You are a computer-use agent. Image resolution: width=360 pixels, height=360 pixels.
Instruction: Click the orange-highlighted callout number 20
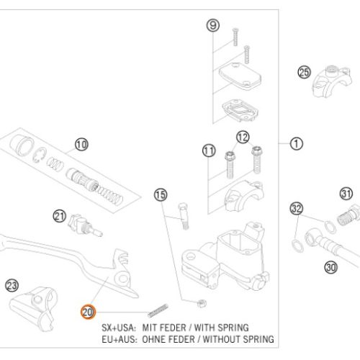pos(88,312)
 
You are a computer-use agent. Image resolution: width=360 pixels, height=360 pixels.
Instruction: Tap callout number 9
pos(213,25)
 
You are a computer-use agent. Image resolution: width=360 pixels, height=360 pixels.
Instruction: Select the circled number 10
pos(81,145)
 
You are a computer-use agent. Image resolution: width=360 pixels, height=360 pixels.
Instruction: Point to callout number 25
pos(305,72)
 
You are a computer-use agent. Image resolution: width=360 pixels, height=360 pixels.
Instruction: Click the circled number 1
pos(297,143)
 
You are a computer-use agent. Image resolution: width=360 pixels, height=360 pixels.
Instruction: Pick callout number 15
pos(161,195)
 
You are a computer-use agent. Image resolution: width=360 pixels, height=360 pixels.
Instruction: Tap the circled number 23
pos(12,286)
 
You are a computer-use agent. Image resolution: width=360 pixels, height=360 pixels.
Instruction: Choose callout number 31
pos(346,194)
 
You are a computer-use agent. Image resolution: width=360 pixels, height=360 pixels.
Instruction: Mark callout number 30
pos(331,267)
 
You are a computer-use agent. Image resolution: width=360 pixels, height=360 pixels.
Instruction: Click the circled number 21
pos(60,216)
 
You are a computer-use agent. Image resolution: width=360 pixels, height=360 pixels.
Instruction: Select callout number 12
pos(243,138)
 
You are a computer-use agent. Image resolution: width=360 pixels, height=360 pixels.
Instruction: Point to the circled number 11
pos(209,150)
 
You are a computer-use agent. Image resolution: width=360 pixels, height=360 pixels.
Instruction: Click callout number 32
pos(297,208)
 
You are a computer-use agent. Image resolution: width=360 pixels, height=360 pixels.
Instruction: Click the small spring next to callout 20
pos(158,310)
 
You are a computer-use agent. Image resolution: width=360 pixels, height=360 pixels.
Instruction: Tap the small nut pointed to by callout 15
pos(202,304)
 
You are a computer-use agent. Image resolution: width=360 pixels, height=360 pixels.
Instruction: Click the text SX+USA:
pos(119,328)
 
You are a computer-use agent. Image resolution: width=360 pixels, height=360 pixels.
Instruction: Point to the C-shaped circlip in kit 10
pos(40,155)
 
